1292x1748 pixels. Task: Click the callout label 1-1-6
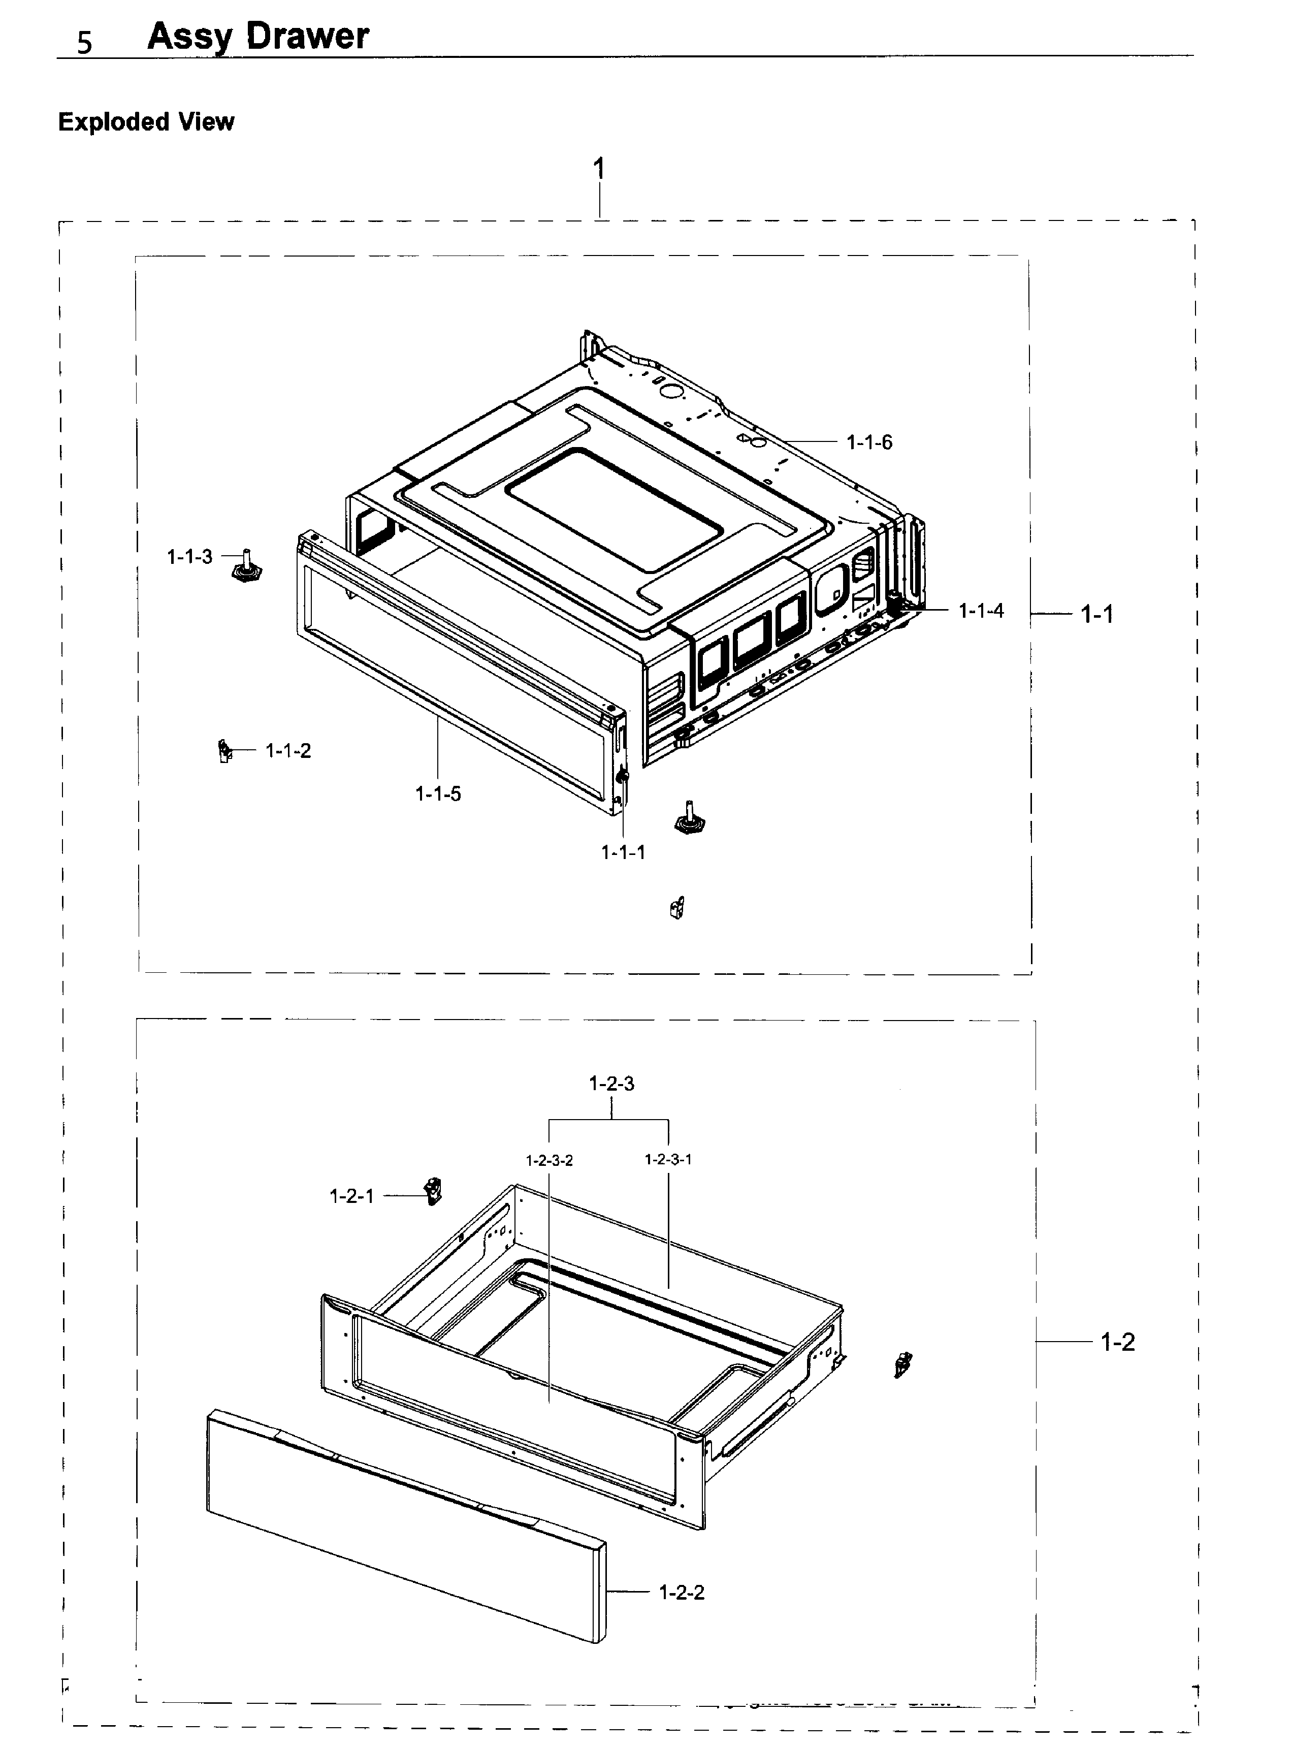[x=869, y=442]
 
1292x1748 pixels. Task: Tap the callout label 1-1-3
[x=189, y=557]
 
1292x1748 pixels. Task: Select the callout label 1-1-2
[x=288, y=751]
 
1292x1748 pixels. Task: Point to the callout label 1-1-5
[x=438, y=794]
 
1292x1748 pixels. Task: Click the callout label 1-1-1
[x=623, y=852]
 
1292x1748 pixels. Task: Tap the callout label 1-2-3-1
[x=668, y=1159]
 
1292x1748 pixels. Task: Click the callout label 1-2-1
[x=352, y=1196]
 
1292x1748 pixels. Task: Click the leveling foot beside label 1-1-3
[x=246, y=568]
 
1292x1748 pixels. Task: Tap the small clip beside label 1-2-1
[x=433, y=1190]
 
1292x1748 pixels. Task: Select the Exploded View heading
[x=146, y=122]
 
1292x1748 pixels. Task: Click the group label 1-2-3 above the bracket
[x=611, y=1083]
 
